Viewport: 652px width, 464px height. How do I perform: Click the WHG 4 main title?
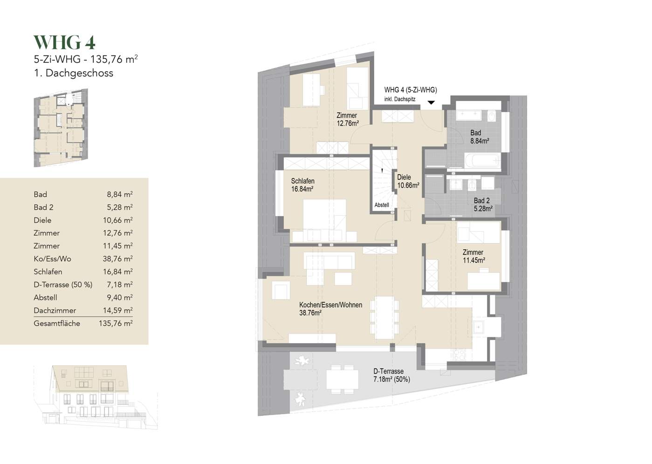pyautogui.click(x=64, y=43)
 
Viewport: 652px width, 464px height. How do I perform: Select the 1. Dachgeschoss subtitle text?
pyautogui.click(x=73, y=73)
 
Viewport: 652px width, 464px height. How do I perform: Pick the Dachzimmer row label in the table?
pyautogui.click(x=55, y=311)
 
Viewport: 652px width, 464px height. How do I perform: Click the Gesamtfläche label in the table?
pyautogui.click(x=57, y=324)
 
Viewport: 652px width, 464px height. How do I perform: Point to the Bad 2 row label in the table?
pyautogui.click(x=43, y=207)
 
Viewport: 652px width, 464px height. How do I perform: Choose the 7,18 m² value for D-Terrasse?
pyautogui.click(x=120, y=285)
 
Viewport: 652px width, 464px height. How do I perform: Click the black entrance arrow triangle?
pyautogui.click(x=431, y=102)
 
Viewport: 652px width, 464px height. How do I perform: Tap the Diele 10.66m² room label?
pyautogui.click(x=408, y=181)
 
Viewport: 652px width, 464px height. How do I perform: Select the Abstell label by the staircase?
pyautogui.click(x=382, y=205)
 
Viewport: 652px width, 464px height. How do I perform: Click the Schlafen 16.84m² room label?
pyautogui.click(x=302, y=185)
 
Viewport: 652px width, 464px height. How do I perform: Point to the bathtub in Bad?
pyautogui.click(x=482, y=161)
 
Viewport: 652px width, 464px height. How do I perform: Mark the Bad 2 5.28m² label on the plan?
pyautogui.click(x=482, y=205)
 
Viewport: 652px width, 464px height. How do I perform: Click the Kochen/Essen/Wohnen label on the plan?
pyautogui.click(x=330, y=309)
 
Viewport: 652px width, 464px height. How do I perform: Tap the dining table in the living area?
pyautogui.click(x=384, y=317)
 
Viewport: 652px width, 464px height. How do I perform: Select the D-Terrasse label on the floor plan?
pyautogui.click(x=391, y=375)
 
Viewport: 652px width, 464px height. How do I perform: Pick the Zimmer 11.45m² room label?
pyautogui.click(x=473, y=256)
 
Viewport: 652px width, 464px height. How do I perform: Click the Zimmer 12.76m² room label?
pyautogui.click(x=347, y=119)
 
